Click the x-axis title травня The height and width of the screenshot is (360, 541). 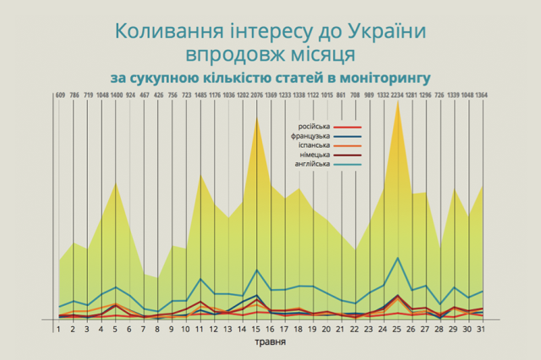point(270,343)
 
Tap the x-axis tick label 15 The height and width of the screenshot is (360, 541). point(256,330)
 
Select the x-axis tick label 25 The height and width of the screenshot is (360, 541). point(397,330)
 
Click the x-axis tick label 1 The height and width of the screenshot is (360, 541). point(59,330)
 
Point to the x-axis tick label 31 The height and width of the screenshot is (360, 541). point(482,330)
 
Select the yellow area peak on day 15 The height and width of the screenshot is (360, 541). point(256,118)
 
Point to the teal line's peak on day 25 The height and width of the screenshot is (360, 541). point(397,258)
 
